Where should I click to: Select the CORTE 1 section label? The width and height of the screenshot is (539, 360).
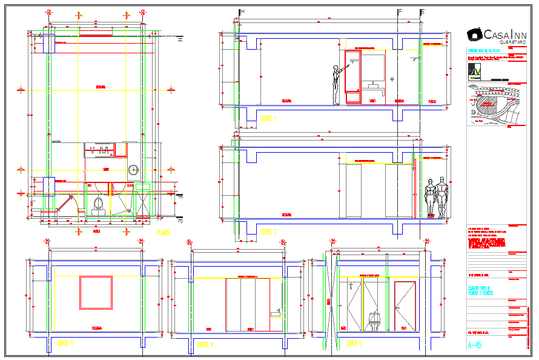tap(268, 119)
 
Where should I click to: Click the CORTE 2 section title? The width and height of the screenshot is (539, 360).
tap(268, 232)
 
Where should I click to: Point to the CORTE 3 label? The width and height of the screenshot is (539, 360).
tap(65, 344)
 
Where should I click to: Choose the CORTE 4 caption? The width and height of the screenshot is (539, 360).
tap(205, 344)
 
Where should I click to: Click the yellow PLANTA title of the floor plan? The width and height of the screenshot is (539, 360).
tap(164, 232)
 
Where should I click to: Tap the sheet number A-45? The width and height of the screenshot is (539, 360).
tap(475, 345)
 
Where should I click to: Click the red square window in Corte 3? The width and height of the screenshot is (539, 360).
tap(96, 293)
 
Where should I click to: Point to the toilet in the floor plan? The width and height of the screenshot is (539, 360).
tap(98, 205)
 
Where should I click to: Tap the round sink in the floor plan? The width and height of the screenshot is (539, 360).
tap(133, 170)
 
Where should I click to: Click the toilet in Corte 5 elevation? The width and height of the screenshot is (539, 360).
tap(375, 321)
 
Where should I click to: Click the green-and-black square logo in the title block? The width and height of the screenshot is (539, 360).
tap(475, 72)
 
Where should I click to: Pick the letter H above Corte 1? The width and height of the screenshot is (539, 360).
tap(242, 12)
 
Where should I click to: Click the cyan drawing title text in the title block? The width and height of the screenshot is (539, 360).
tap(480, 290)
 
